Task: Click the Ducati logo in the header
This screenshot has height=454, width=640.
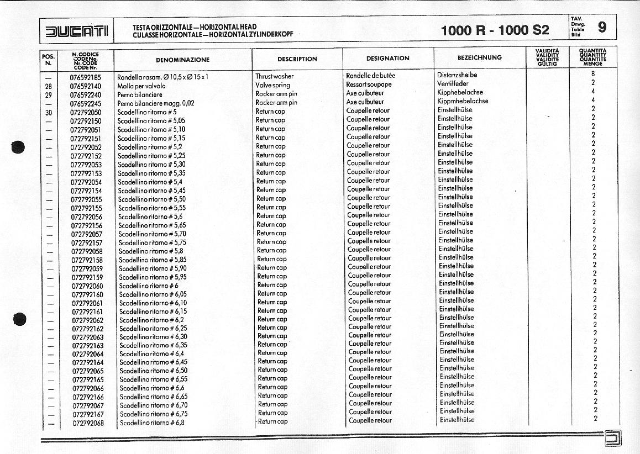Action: (77, 31)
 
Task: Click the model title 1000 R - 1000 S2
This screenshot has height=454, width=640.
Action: (495, 30)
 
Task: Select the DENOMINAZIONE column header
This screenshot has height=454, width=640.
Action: (182, 59)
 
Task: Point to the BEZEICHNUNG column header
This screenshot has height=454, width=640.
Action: (479, 57)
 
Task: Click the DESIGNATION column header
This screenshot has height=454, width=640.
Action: (387, 58)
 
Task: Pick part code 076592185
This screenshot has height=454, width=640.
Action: (85, 77)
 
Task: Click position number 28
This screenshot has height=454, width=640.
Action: (48, 86)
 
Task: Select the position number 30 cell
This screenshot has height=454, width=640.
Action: (48, 112)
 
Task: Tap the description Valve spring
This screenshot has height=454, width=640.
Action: (272, 86)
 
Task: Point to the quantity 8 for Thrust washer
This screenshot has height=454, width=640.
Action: (593, 73)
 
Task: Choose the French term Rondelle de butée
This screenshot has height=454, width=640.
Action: (370, 76)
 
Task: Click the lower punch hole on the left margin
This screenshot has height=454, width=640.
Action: (20, 319)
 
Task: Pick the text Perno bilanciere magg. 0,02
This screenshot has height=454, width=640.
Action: (156, 103)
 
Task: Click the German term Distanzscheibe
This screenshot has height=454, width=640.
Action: (457, 75)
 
